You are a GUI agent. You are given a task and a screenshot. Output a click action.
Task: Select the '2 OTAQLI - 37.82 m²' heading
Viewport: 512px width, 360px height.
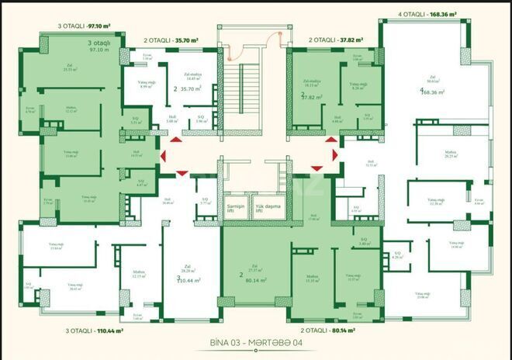pyautogui.click(x=333, y=38)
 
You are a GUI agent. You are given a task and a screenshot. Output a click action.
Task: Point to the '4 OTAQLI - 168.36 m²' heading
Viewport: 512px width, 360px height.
pyautogui.click(x=427, y=14)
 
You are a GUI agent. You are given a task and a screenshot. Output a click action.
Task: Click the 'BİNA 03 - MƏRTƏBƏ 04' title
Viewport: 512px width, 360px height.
pyautogui.click(x=255, y=342)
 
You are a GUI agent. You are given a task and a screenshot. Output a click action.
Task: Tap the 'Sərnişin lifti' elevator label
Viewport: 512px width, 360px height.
pyautogui.click(x=236, y=208)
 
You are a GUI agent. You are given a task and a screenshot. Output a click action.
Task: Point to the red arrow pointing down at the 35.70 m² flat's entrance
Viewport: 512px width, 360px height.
pyautogui.click(x=182, y=173)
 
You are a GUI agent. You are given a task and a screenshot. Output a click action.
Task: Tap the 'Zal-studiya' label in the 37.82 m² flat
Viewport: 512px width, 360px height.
pyautogui.click(x=312, y=81)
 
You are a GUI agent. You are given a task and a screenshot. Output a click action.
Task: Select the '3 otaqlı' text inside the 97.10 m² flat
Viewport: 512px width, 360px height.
pyautogui.click(x=99, y=43)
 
